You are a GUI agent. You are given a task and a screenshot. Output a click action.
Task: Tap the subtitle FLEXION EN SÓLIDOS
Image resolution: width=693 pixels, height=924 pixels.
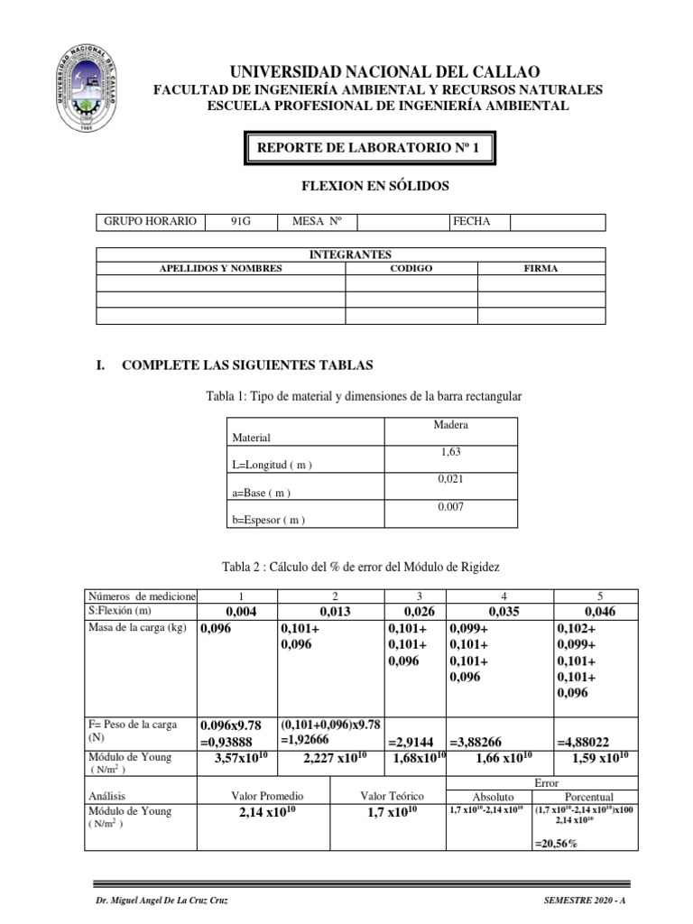click(x=374, y=187)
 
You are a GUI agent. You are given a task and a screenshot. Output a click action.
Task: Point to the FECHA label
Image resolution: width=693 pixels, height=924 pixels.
click(x=472, y=222)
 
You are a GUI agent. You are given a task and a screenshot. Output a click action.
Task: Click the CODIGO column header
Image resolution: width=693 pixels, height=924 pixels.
click(x=411, y=269)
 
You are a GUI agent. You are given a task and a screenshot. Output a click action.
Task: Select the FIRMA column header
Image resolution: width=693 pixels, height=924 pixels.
click(x=541, y=269)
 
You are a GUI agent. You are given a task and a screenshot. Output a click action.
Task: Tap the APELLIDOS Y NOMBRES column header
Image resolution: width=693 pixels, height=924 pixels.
click(x=221, y=269)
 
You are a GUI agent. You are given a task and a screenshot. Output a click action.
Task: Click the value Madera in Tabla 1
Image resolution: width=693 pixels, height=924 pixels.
click(x=450, y=425)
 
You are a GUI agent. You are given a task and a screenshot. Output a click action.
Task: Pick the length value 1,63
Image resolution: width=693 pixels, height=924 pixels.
click(x=450, y=452)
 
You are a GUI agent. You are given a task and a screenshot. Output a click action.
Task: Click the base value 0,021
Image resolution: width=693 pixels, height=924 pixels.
click(x=450, y=480)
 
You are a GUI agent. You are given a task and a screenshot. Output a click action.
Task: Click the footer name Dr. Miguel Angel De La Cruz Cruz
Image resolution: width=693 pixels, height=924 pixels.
click(x=162, y=901)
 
